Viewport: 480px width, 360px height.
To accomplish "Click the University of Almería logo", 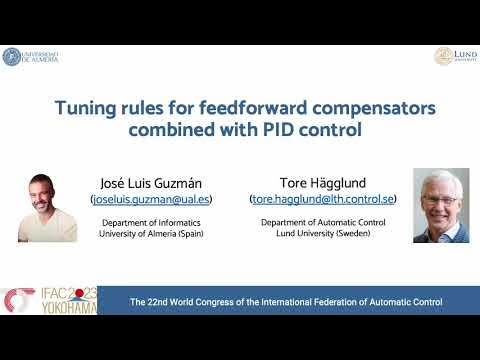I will click(30, 57).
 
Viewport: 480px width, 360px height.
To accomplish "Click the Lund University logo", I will click(455, 56).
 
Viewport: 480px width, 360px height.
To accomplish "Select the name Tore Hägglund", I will click(323, 183).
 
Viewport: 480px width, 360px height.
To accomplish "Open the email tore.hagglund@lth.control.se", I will click(323, 200).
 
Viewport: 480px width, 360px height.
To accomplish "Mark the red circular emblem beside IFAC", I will click(17, 301).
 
